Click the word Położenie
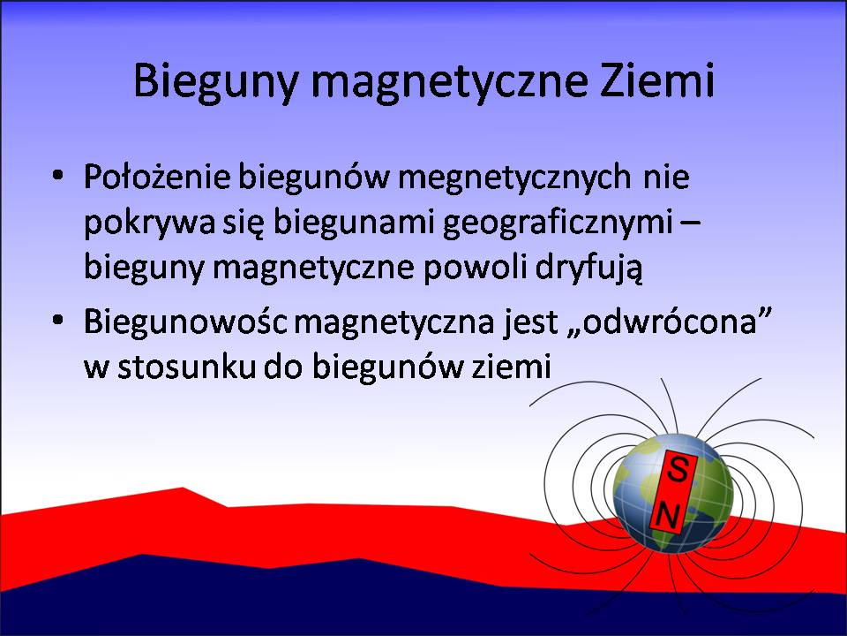157,177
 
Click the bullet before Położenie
58,177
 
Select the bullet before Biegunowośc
58,320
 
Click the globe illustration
673,493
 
